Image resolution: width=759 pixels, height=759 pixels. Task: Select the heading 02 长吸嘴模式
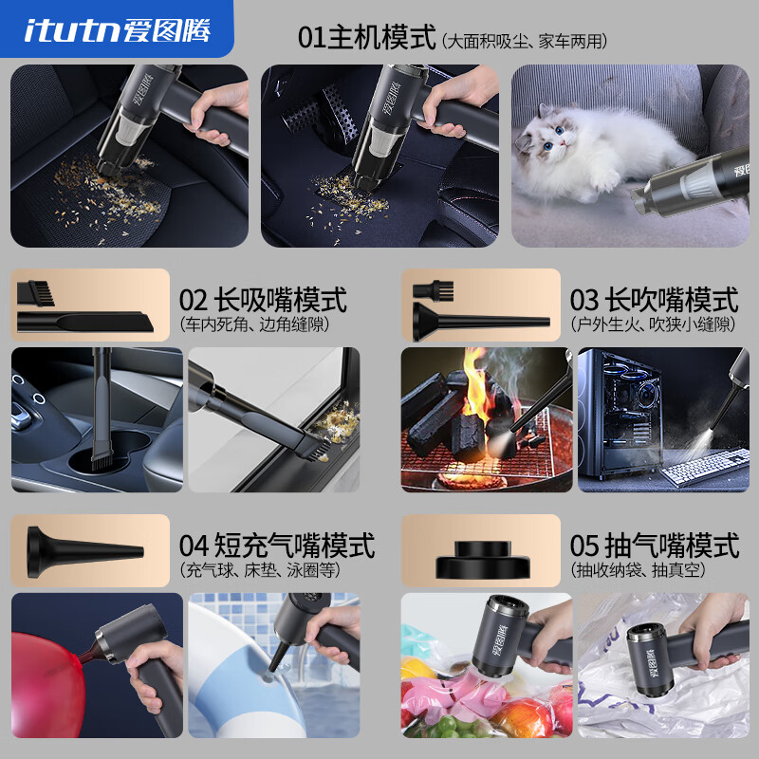tap(263, 301)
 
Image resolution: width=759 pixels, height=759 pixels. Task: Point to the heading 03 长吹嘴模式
tap(654, 301)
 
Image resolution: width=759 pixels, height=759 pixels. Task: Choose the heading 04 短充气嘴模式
tap(276, 546)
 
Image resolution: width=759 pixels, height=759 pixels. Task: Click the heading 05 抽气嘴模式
tap(654, 546)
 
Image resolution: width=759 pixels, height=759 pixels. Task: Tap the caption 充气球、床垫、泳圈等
tap(259, 571)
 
